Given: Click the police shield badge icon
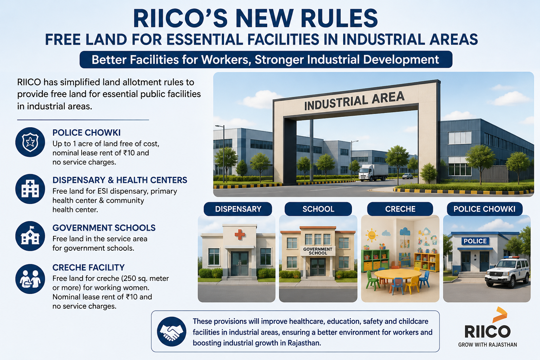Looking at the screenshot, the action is pos(30,142).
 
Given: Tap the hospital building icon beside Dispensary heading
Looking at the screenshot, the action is pos(30,189).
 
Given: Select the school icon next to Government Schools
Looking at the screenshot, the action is pos(30,236).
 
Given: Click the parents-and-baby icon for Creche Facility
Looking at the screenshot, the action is pos(30,279).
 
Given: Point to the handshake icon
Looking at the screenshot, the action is pos(172,332).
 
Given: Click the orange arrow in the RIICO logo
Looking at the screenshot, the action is pos(500,315).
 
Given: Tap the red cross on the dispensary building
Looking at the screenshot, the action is pos(240,234).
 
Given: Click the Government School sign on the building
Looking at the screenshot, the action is pos(318,251).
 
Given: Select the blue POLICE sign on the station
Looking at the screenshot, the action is pos(475,241).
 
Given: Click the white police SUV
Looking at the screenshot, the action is pos(507,272).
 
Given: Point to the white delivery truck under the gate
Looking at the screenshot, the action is pos(373,173).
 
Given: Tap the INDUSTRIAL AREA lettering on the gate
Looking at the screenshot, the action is pos(354,101).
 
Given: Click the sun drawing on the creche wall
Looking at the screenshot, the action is pos(372,235).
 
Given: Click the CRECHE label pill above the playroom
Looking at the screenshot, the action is pos(400,209).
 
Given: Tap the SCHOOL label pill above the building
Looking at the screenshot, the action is pos(318,209).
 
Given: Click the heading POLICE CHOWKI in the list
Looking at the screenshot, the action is pos(86,133).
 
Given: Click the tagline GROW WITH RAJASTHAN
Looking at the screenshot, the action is pos(488,345).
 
